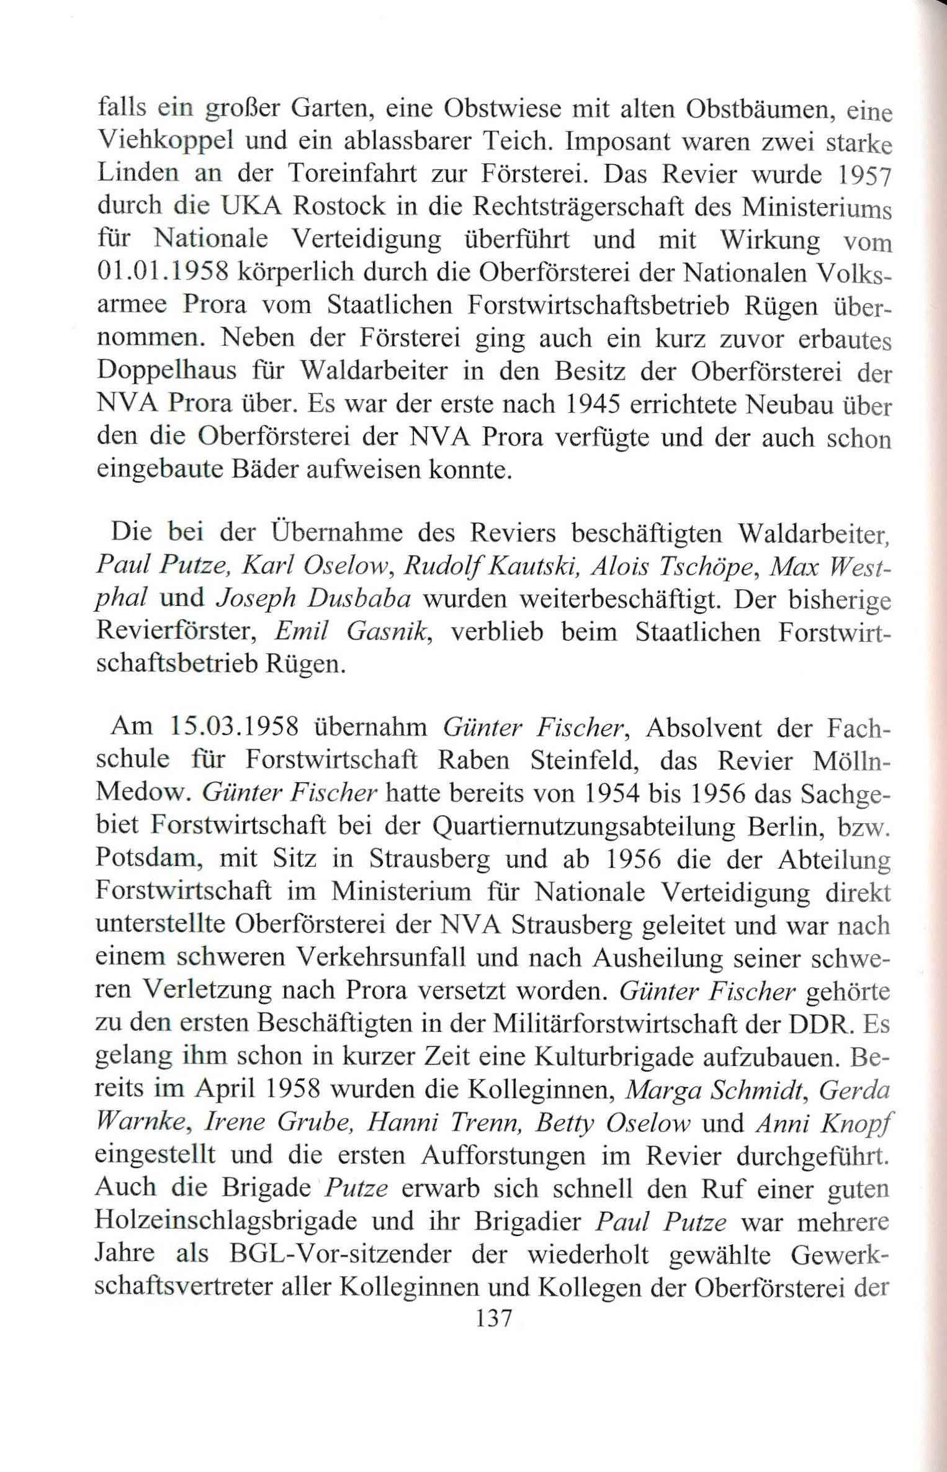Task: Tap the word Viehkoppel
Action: (x=165, y=142)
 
